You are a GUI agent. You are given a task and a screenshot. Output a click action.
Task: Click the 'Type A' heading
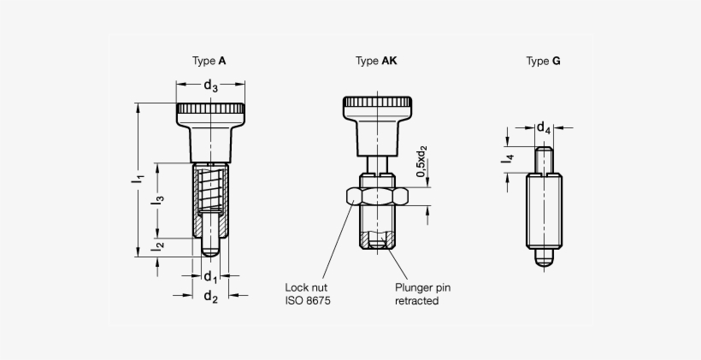tap(209, 62)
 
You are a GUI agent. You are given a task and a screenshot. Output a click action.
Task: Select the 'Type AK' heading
tap(376, 62)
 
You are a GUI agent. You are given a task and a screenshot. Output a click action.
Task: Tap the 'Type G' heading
tap(544, 62)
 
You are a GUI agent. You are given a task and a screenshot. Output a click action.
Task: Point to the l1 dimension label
tap(136, 179)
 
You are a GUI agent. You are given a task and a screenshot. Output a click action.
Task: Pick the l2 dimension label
tap(157, 246)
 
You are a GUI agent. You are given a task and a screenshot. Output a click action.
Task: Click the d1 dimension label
tap(209, 276)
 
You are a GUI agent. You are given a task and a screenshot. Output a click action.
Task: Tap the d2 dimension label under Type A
tap(209, 296)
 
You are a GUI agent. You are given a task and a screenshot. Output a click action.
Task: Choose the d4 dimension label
tap(543, 128)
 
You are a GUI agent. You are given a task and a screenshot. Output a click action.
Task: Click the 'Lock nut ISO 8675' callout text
tap(308, 295)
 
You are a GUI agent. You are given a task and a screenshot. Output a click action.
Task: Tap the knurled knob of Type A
tap(210, 111)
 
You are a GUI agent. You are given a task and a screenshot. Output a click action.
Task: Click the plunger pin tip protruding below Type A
tap(210, 246)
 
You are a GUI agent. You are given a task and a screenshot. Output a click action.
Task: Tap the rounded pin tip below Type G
tap(544, 259)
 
